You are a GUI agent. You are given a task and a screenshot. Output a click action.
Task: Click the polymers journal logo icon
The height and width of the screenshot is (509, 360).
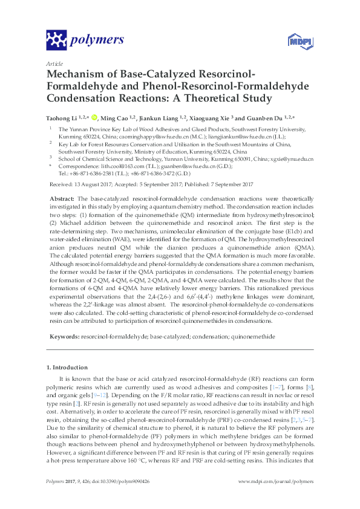56,41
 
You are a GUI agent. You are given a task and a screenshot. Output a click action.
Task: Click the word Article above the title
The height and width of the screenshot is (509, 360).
54,63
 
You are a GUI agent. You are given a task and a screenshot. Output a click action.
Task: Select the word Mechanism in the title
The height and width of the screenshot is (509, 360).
76,74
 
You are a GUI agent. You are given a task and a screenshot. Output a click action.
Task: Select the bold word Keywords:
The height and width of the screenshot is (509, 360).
65,336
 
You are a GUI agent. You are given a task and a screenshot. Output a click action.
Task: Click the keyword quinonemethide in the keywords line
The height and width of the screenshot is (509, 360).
254,336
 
